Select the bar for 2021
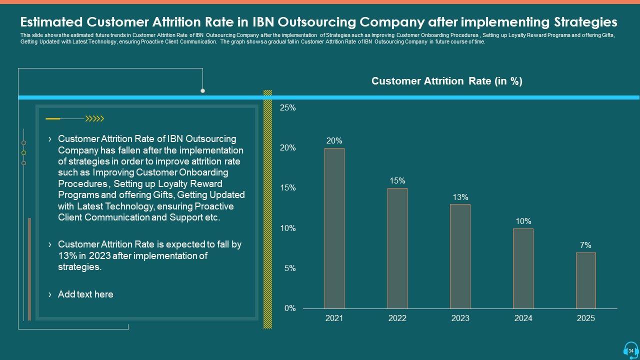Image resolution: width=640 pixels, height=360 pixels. pos(334,228)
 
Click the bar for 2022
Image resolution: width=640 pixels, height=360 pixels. pos(397,248)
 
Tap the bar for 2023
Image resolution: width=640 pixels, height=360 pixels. pos(460,256)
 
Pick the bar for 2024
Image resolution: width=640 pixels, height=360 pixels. pos(523,268)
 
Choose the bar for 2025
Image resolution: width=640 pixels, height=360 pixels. pos(586,280)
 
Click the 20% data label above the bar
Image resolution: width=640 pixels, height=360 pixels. pos(334,141)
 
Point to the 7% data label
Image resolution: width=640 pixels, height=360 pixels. pos(585,245)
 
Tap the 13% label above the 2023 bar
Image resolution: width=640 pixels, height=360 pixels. pos(460,197)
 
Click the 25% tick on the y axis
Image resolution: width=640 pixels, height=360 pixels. pos(287,107)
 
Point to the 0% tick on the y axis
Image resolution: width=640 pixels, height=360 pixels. pos(290,308)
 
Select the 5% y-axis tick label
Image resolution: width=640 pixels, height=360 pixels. pos(290,268)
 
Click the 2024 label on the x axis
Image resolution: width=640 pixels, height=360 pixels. pos(523,318)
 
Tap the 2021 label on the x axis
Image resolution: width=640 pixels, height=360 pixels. pos(334,318)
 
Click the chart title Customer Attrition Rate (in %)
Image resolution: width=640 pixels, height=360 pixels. pos(446,81)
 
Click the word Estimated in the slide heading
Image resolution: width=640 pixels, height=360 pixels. pos(51,22)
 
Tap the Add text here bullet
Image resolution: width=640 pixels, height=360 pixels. pos(85,294)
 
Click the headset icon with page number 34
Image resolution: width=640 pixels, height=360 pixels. pos(630,350)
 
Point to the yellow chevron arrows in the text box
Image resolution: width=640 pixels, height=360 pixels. pos(94,118)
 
